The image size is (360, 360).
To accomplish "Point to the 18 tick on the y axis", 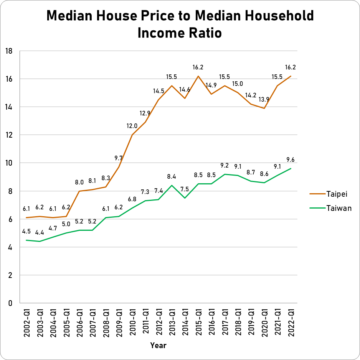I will click(9, 51).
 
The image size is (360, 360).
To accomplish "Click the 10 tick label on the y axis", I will click(9, 163).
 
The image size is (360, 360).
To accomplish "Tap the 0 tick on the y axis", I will click(10, 303).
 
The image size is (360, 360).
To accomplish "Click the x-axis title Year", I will click(158, 345).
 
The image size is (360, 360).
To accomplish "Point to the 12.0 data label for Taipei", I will click(132, 126).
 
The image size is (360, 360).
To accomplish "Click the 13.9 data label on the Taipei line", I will click(264, 99).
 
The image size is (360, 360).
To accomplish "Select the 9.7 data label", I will click(119, 158).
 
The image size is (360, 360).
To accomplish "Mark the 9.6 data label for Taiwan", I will click(291, 160).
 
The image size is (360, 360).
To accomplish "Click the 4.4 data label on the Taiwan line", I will click(40, 233).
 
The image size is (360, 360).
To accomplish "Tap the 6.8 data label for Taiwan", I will click(132, 199).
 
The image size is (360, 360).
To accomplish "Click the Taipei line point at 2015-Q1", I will click(198, 76).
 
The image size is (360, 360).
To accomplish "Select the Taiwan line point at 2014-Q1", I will click(185, 198).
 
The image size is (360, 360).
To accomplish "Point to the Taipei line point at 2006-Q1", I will click(79, 191).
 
